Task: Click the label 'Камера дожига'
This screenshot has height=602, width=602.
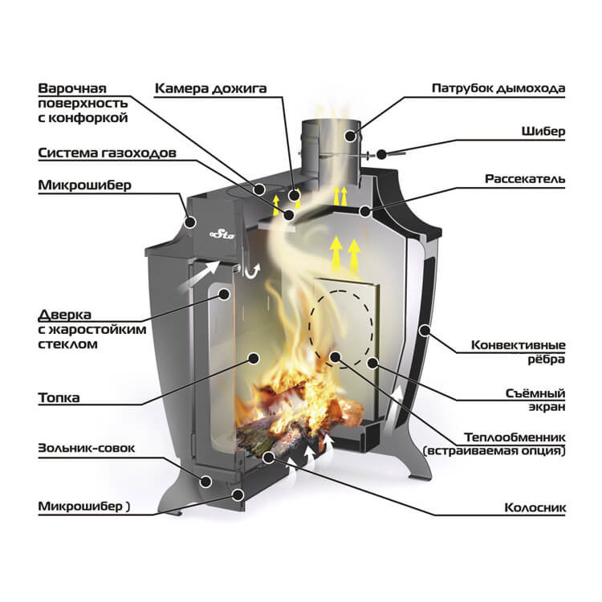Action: (210, 87)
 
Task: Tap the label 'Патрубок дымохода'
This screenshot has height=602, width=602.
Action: (498, 87)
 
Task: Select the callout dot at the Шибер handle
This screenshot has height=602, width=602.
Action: (380, 150)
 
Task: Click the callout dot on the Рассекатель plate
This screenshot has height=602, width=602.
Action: (364, 212)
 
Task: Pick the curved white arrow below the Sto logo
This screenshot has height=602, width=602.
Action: (253, 271)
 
